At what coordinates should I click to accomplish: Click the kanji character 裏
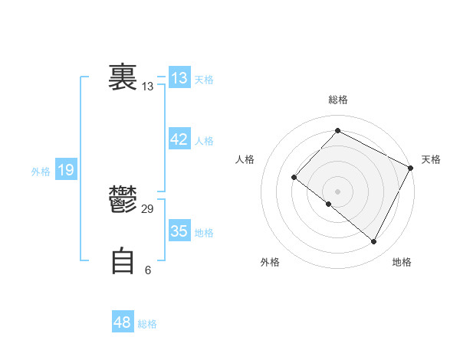[123, 77]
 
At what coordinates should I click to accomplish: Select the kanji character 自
[123, 260]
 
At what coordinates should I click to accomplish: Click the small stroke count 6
[148, 270]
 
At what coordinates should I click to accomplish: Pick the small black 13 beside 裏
[148, 87]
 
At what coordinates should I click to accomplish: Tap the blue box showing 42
[179, 139]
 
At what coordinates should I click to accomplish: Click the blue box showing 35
[179, 231]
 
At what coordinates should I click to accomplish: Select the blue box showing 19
[66, 170]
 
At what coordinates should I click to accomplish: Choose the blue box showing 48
[123, 322]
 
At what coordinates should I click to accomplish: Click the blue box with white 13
[179, 78]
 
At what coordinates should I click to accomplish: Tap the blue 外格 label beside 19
[41, 172]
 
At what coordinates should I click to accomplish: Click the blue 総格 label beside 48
[147, 324]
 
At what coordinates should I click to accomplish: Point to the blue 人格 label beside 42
[204, 141]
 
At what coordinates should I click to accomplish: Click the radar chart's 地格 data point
[374, 242]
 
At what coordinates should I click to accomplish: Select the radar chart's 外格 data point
[329, 205]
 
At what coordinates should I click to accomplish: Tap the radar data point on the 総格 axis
[337, 131]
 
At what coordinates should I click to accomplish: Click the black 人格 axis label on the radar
[245, 159]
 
